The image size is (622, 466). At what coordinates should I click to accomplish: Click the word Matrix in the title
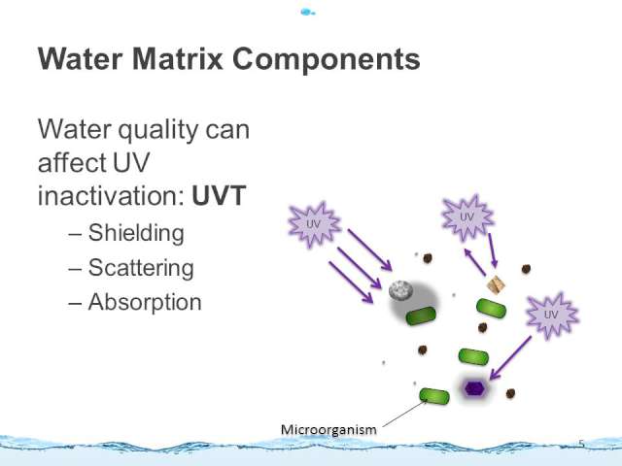point(177,58)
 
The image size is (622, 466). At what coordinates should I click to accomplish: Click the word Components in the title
point(327,59)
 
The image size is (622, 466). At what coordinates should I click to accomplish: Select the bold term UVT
point(219,195)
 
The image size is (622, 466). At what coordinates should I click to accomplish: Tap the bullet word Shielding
point(136,233)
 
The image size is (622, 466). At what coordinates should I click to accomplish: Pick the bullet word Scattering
point(141,268)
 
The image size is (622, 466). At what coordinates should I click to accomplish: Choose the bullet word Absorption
point(145,302)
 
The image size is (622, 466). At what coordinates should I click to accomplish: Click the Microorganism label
point(328,429)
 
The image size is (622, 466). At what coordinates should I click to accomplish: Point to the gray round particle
point(401,290)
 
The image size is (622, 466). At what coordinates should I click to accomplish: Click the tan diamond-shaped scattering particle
point(496,284)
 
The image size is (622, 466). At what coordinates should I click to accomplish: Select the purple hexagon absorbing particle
point(474,388)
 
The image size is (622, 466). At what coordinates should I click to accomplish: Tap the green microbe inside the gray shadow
point(421,316)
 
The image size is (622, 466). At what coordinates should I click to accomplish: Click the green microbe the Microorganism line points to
point(434,396)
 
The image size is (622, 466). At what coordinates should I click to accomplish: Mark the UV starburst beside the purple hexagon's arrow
point(551,316)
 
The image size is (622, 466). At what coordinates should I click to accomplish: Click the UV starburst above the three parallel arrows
point(314,224)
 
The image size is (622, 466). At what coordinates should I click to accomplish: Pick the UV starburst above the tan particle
point(467,217)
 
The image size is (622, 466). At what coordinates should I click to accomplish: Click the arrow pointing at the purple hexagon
point(510,358)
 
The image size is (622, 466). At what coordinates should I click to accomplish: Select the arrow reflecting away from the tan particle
point(475,261)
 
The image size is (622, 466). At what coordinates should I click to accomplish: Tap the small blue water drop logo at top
point(307,13)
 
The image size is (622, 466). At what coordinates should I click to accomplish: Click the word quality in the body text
point(157,130)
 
